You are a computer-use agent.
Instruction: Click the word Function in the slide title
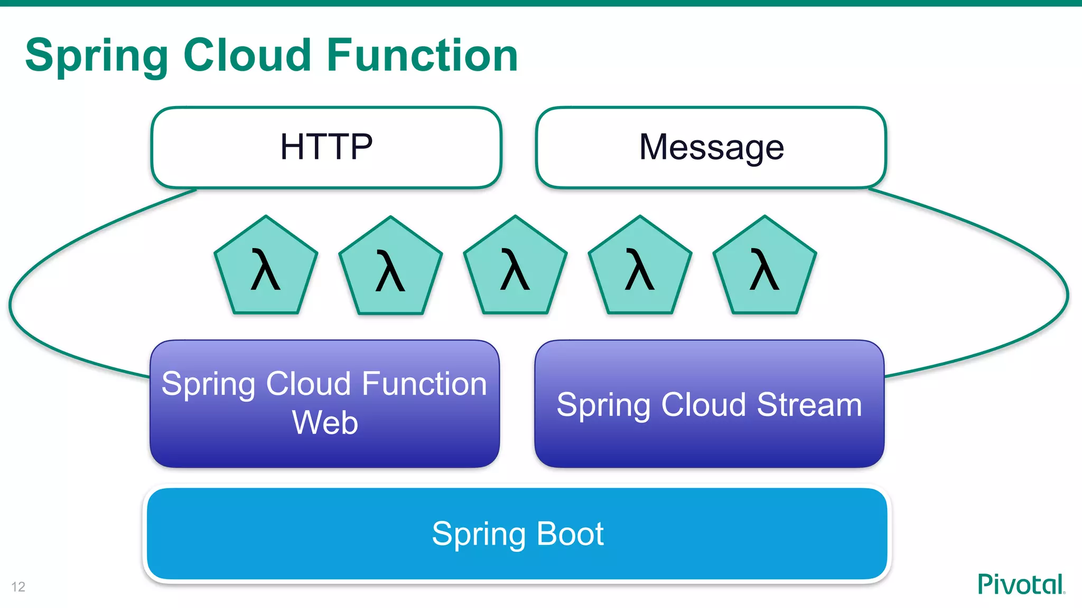[x=422, y=55]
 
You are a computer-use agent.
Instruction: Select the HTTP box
[x=326, y=147]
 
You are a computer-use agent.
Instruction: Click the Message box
[x=711, y=147]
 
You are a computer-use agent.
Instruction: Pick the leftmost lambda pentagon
[x=266, y=269]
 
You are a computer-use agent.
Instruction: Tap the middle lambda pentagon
[x=515, y=269]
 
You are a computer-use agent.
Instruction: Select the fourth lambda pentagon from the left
[x=640, y=269]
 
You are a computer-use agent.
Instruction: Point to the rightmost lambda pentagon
[x=764, y=269]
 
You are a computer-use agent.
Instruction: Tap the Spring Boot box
[x=517, y=534]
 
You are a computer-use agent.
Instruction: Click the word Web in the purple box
[x=325, y=423]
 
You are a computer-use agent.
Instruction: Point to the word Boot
[x=570, y=534]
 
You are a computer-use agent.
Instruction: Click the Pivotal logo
[x=1021, y=584]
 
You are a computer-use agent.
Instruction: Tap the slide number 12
[x=18, y=587]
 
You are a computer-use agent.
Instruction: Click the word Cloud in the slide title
[x=247, y=55]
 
